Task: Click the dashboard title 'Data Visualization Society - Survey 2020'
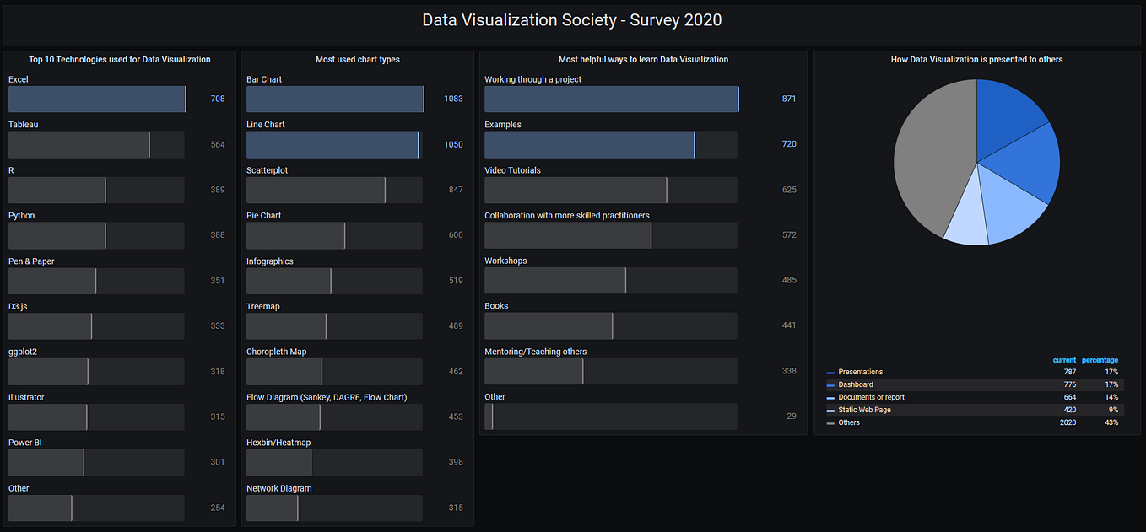pyautogui.click(x=571, y=20)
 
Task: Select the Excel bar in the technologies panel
pyautogui.click(x=96, y=99)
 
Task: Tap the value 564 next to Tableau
pyautogui.click(x=218, y=144)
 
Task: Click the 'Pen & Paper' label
pyautogui.click(x=31, y=261)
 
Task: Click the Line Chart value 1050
pyautogui.click(x=453, y=144)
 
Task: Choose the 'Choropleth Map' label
pyautogui.click(x=276, y=352)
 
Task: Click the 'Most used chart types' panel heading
pyautogui.click(x=357, y=60)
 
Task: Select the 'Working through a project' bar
pyautogui.click(x=611, y=99)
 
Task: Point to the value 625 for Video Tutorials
pyautogui.click(x=789, y=190)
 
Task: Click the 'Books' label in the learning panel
pyautogui.click(x=496, y=306)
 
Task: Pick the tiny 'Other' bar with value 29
pyautogui.click(x=489, y=416)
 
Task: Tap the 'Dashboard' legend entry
pyautogui.click(x=856, y=384)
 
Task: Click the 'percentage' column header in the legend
pyautogui.click(x=1100, y=360)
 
